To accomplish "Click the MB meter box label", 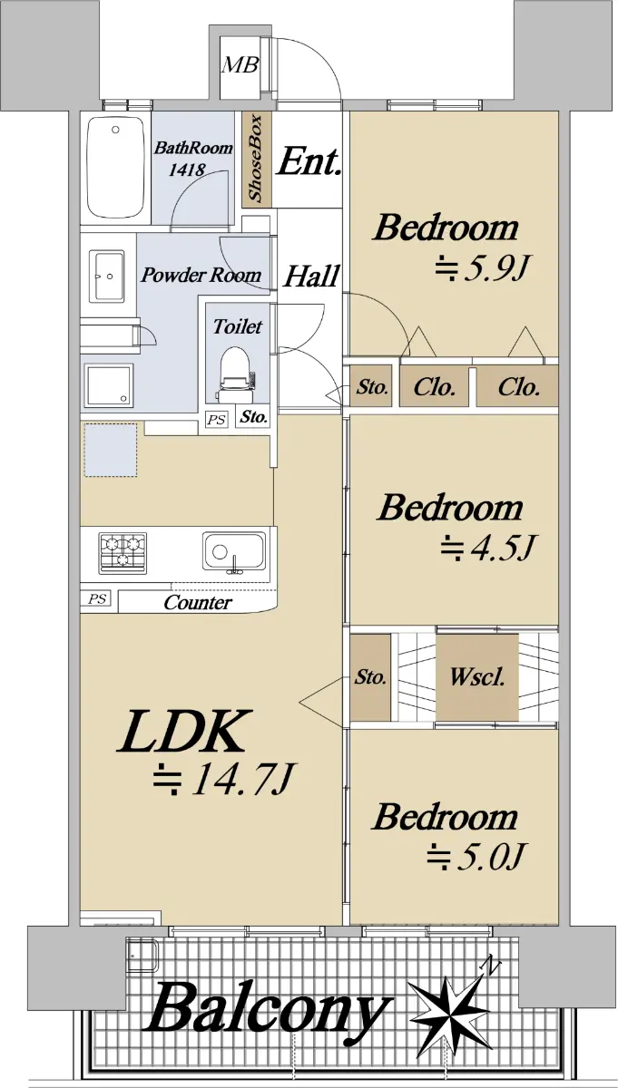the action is pyautogui.click(x=240, y=64).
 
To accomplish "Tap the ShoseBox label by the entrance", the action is pyautogui.click(x=255, y=158).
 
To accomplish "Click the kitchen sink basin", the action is pyautogui.click(x=234, y=553).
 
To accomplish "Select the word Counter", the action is pyautogui.click(x=198, y=603).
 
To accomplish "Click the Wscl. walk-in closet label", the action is pyautogui.click(x=477, y=677).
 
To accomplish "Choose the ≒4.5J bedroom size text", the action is pyautogui.click(x=487, y=548).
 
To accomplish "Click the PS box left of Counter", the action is pyautogui.click(x=96, y=599).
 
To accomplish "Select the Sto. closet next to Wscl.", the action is pyautogui.click(x=370, y=677).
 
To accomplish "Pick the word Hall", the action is pyautogui.click(x=310, y=276).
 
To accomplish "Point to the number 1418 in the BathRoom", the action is pyautogui.click(x=187, y=170).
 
